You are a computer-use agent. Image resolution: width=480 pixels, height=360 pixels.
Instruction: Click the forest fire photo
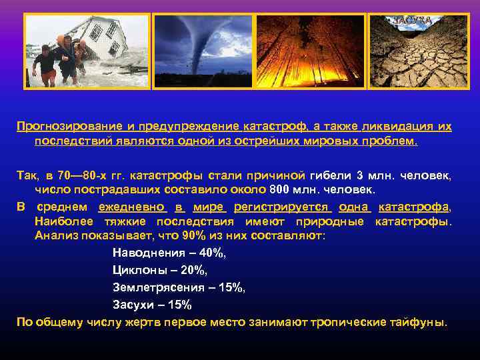tap(311, 51)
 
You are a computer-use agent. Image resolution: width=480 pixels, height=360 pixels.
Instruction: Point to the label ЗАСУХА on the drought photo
tap(413, 21)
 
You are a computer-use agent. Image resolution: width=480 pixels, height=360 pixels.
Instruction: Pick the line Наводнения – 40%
tap(169, 253)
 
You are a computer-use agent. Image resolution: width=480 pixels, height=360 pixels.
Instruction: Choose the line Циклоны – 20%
tap(160, 270)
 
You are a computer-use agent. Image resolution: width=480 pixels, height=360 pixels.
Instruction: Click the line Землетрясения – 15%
tap(179, 287)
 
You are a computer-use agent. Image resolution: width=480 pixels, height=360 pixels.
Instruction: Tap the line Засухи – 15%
tap(152, 305)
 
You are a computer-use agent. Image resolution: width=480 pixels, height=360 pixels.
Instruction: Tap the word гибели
tap(329, 176)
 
